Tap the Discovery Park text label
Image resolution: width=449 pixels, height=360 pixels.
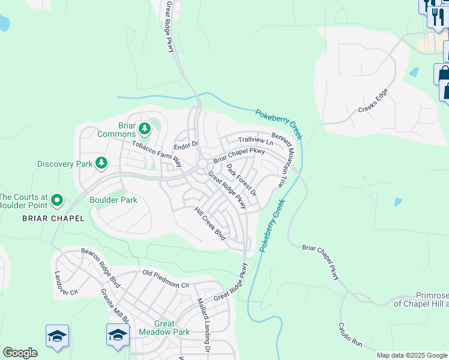tap(65, 163)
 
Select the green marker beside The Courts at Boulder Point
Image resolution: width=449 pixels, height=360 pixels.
tap(57, 199)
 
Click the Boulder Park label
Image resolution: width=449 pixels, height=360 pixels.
tap(113, 200)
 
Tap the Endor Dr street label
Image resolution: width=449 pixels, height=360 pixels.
tap(185, 145)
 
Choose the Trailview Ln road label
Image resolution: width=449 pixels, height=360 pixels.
tap(255, 140)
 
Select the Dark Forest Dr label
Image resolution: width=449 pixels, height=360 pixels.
tap(241, 180)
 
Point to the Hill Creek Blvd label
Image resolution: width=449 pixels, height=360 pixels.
tap(210, 224)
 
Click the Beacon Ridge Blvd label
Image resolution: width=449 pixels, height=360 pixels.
tap(101, 267)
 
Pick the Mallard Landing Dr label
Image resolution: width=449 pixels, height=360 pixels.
tap(203, 324)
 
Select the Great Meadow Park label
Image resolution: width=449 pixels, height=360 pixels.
tap(164, 327)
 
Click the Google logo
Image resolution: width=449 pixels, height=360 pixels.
tap(20, 353)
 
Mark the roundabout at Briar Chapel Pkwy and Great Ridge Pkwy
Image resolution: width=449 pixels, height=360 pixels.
tap(203, 164)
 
